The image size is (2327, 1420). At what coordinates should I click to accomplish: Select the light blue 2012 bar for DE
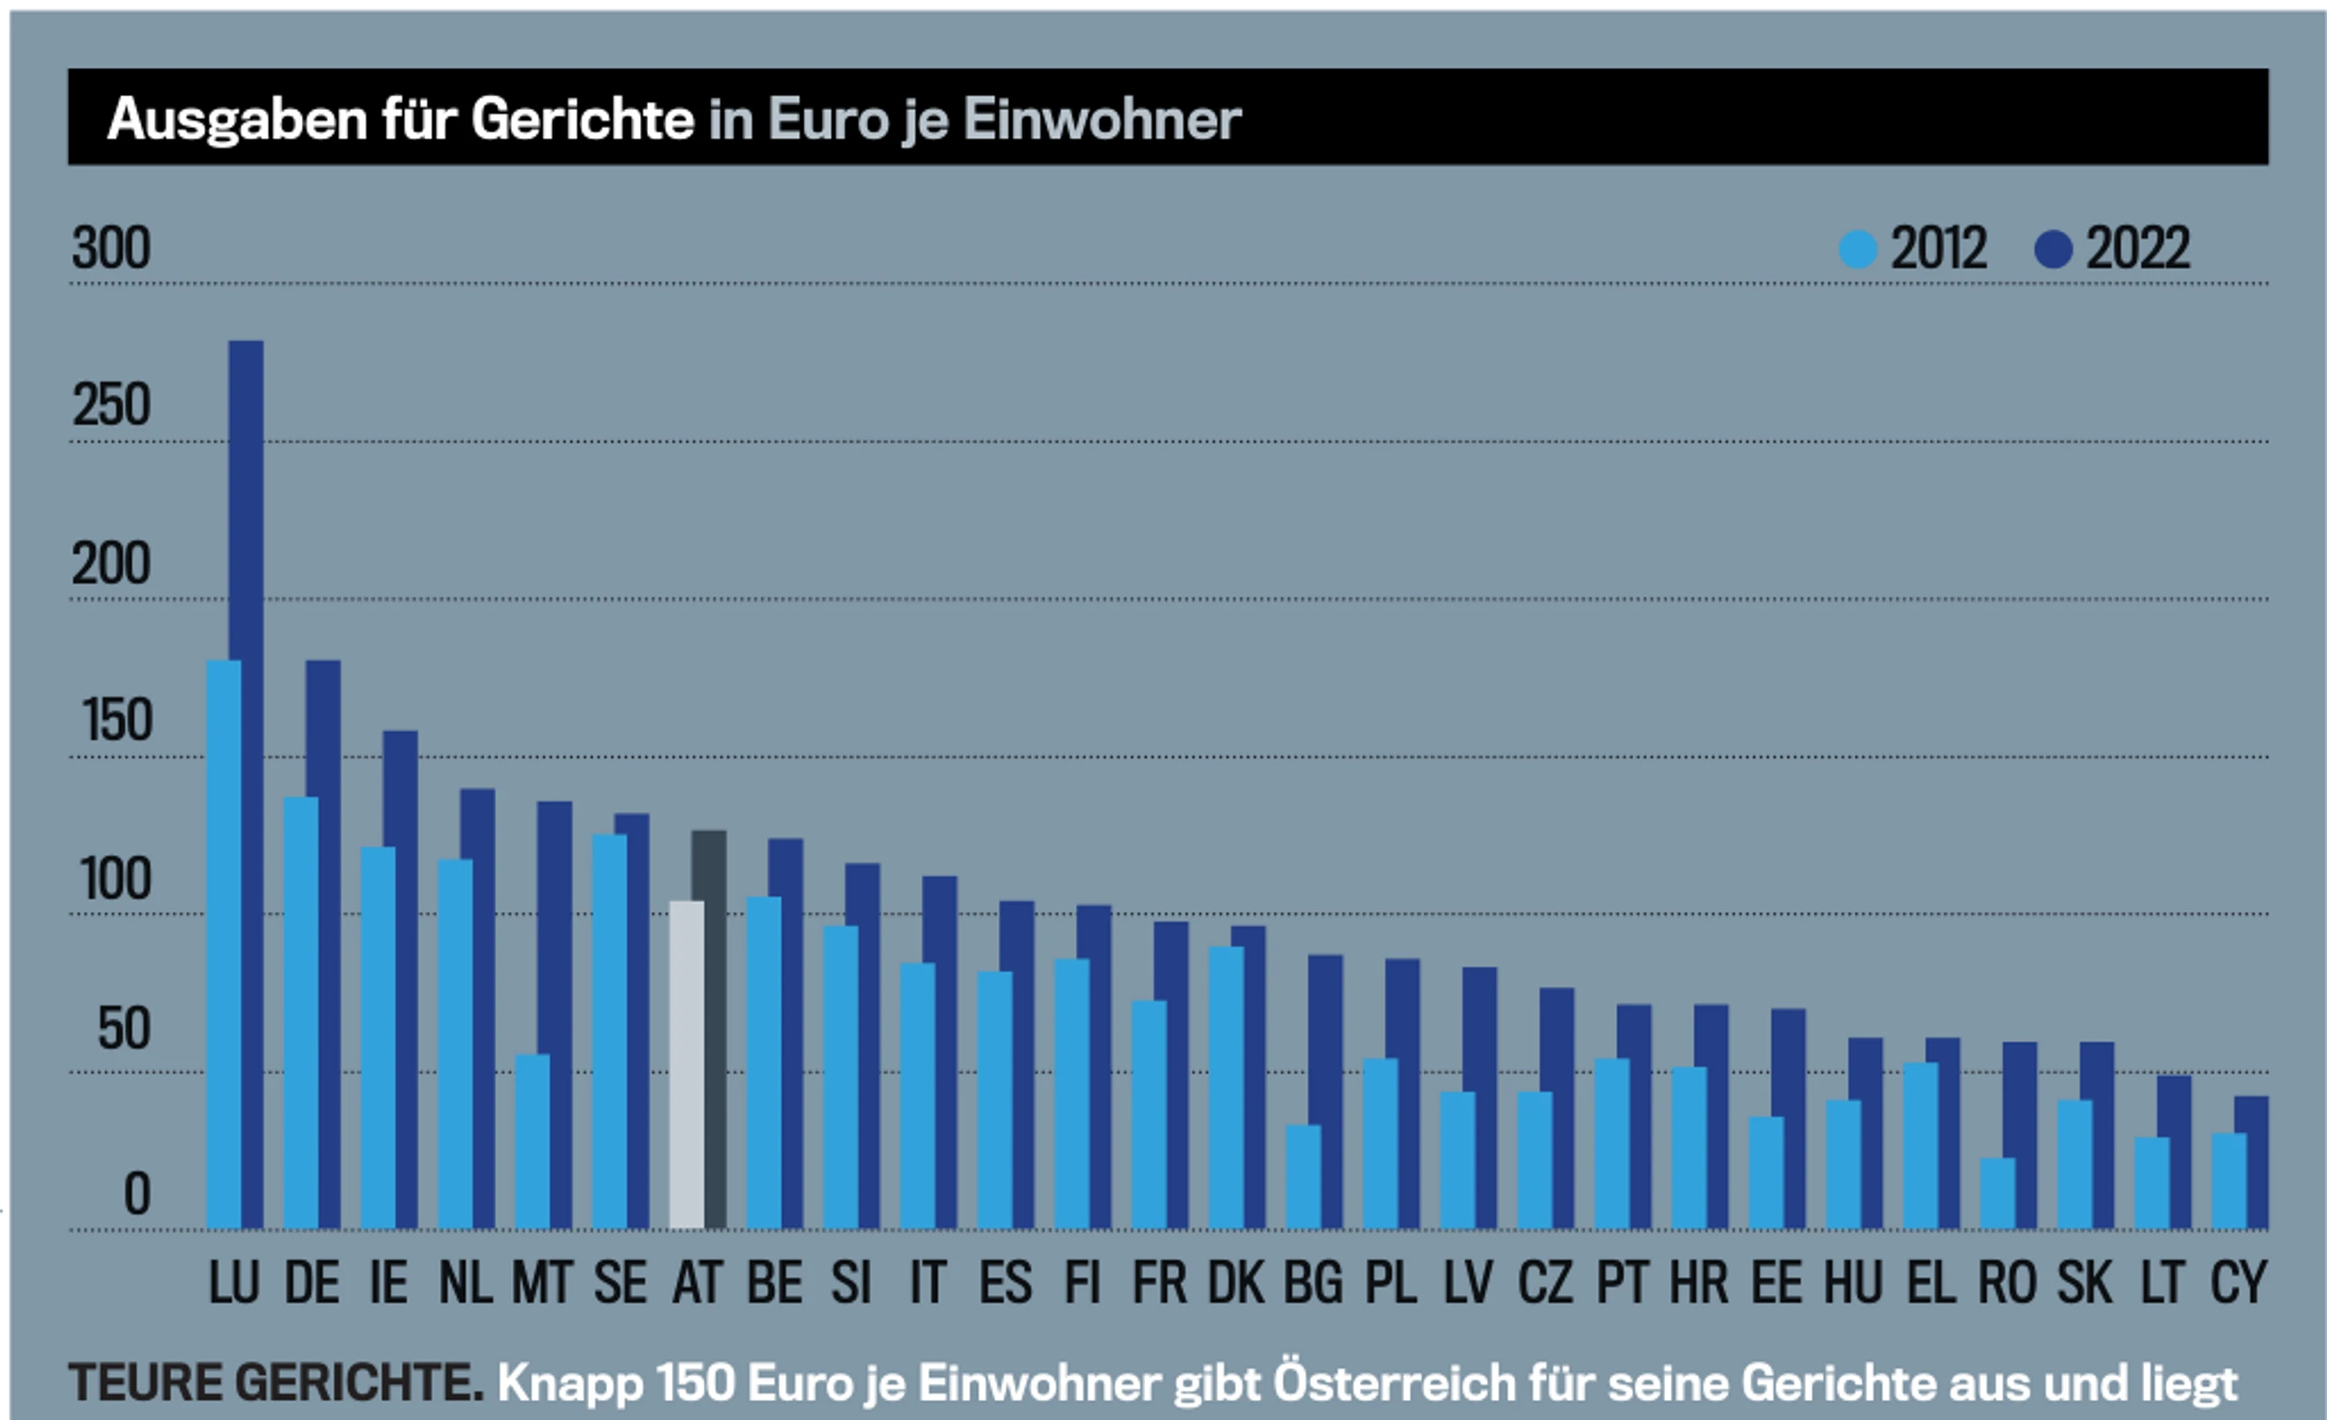pos(300,1012)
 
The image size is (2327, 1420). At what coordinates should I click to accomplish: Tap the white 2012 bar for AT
pos(685,1065)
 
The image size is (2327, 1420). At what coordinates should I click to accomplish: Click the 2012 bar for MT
pos(532,1140)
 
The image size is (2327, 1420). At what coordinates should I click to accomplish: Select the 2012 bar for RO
pos(1996,1194)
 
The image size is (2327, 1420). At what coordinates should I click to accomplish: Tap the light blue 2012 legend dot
pos(1858,250)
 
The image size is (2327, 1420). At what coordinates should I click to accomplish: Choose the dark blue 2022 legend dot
pos(2053,250)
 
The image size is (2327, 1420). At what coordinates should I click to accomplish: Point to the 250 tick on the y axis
pos(112,407)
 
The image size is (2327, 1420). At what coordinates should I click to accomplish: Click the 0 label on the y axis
pos(137,1195)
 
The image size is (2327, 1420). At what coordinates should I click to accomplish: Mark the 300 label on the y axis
pos(112,249)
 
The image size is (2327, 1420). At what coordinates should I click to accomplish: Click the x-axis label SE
pos(620,1283)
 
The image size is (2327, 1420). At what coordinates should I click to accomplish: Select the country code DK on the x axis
pos(1235,1283)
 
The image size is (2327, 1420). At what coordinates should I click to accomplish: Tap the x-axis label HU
pos(1852,1283)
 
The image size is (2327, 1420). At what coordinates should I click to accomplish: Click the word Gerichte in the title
pos(583,120)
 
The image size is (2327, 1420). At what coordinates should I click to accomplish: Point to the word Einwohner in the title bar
pos(1101,120)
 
